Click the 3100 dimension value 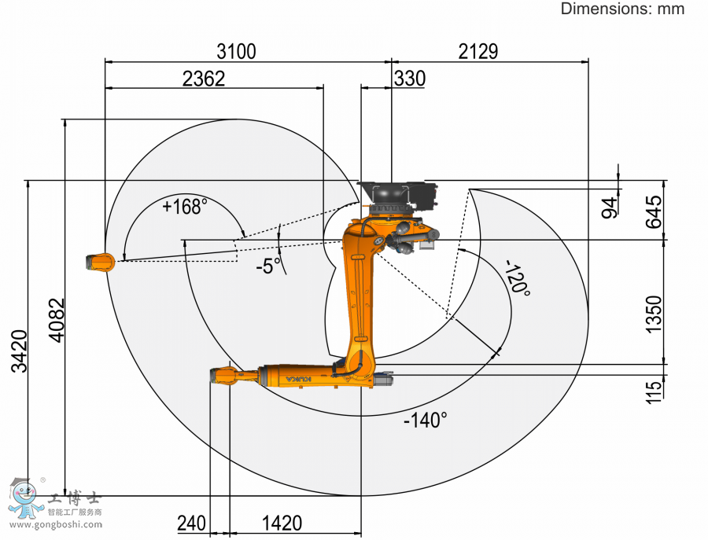click(236, 51)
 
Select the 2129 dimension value click(478, 51)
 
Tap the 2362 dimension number click(204, 79)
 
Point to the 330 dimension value click(410, 79)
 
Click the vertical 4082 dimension click(57, 320)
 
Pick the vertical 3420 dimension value click(20, 351)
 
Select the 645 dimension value click(654, 212)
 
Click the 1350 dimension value click(654, 314)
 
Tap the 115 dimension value click(654, 391)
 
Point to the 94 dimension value click(610, 207)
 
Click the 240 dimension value click(191, 523)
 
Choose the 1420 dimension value click(282, 523)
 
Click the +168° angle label click(185, 207)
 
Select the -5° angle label click(268, 266)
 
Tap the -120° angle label click(518, 277)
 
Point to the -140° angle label click(426, 421)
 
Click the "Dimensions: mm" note click(623, 9)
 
